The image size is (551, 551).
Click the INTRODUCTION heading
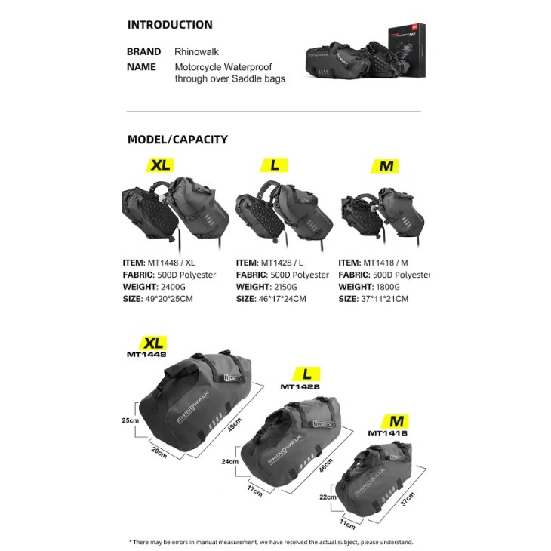170,25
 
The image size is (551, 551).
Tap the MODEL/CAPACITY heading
177,140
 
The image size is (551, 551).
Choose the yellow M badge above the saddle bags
385,166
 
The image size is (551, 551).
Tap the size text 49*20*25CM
169,299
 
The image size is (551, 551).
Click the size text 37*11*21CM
385,299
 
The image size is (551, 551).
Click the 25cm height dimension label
131,420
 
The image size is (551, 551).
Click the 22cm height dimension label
328,497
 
